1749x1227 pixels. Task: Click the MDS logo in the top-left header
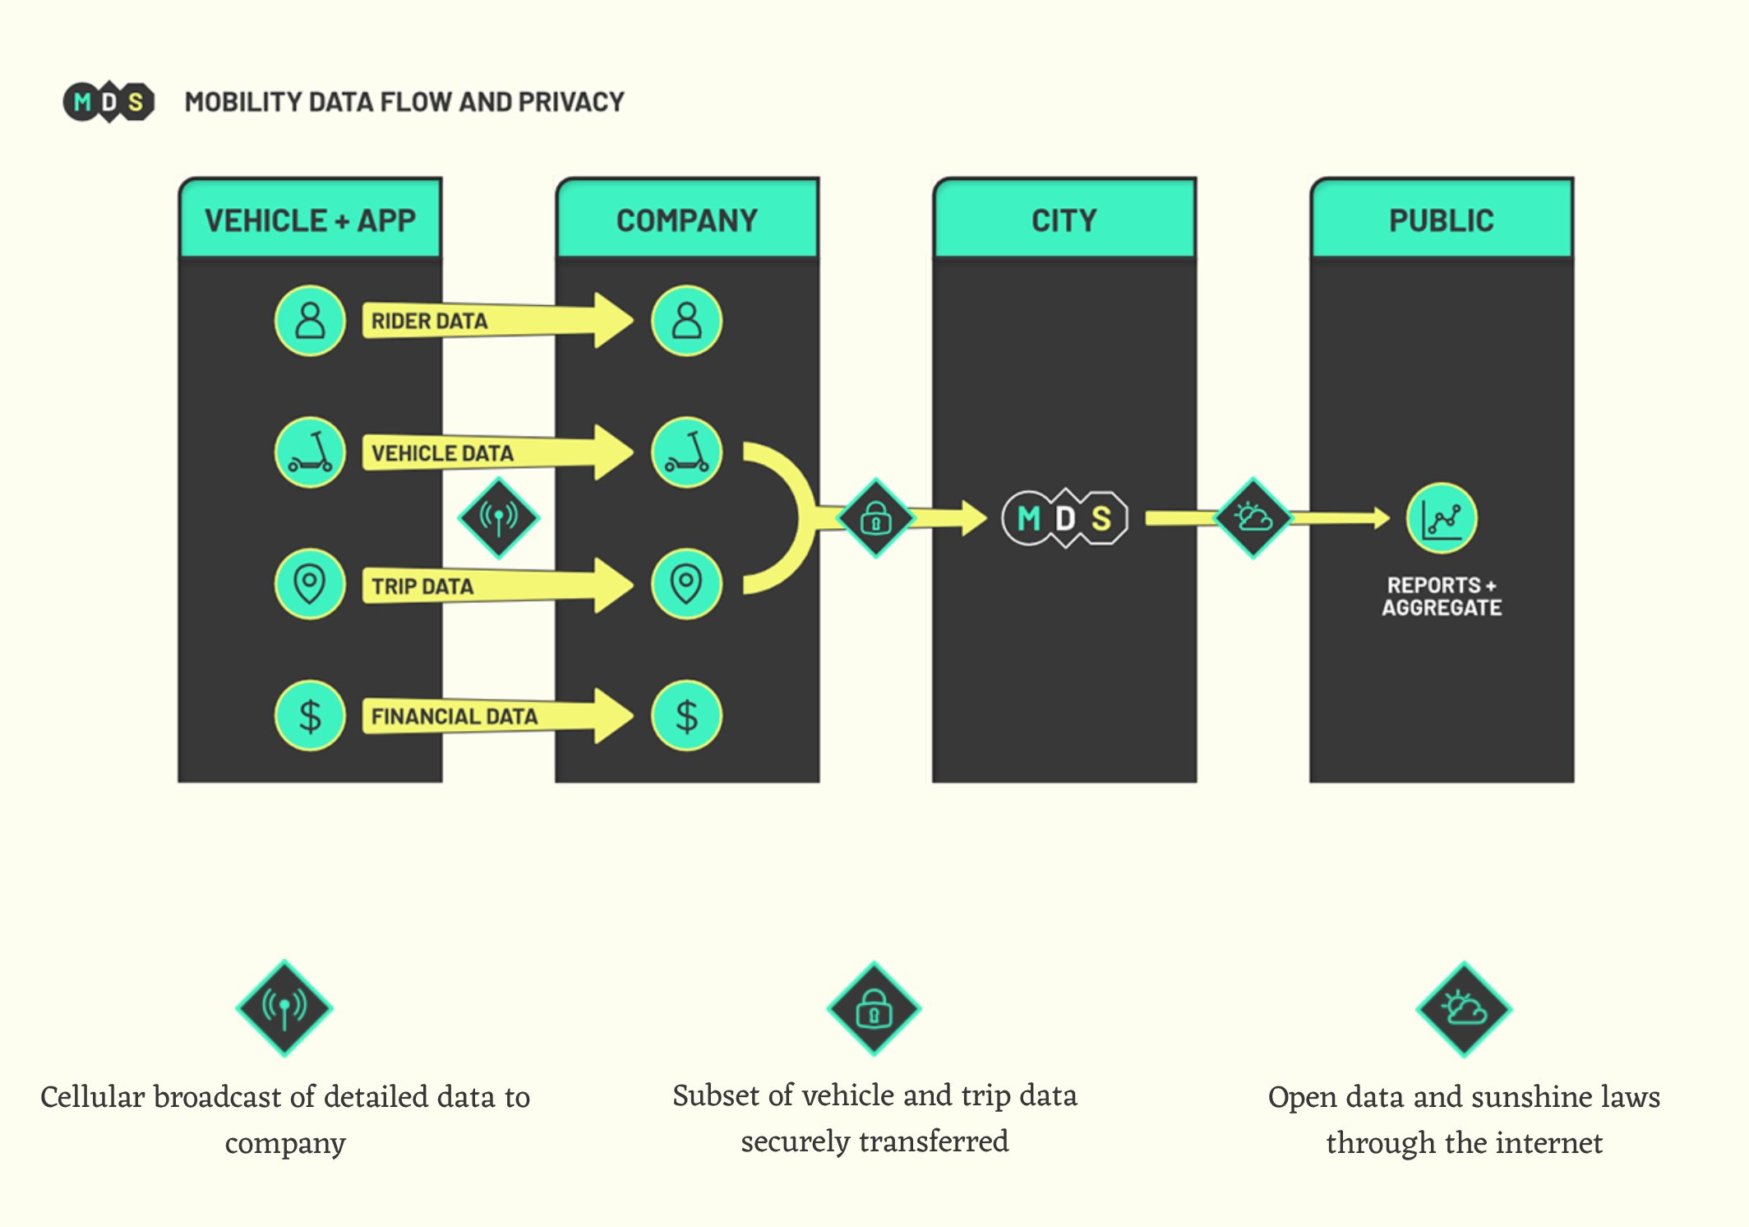point(108,102)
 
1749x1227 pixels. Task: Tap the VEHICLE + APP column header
point(310,220)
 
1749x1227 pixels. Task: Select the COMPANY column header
point(687,220)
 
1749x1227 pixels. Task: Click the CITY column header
point(1064,220)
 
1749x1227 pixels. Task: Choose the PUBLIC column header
point(1441,220)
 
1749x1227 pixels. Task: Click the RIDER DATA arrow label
point(429,321)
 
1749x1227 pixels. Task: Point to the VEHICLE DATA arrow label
point(442,453)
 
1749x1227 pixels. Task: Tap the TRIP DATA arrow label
point(422,586)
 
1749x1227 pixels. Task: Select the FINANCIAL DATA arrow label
point(454,716)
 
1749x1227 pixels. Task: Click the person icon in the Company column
point(686,321)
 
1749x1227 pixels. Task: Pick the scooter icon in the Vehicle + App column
point(310,452)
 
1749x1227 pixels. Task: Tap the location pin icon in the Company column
point(686,584)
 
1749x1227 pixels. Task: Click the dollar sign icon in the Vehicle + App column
point(310,715)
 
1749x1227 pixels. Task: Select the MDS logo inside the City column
point(1064,518)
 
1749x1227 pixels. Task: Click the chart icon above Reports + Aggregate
point(1442,518)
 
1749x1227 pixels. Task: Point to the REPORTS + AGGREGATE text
point(1442,596)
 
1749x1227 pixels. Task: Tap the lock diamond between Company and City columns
point(875,518)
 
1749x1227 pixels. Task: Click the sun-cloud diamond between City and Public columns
point(1253,518)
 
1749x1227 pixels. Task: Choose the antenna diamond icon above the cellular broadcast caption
point(284,1007)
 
